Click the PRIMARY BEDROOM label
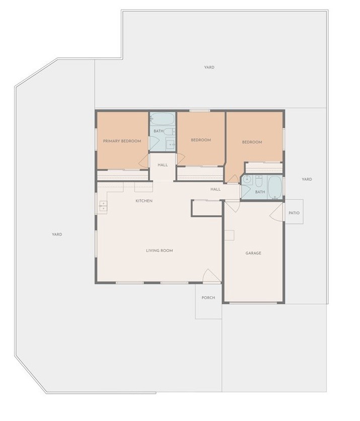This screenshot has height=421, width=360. point(122,141)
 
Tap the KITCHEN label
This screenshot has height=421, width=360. point(144,201)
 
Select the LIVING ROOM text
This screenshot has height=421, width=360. point(160,250)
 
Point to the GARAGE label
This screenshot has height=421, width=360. point(253,253)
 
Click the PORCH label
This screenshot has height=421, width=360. point(208,298)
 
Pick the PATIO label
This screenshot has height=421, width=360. point(294,213)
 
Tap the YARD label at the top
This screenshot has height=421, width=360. point(209,67)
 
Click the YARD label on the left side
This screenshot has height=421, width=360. point(57,234)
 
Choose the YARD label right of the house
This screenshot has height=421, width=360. point(307,179)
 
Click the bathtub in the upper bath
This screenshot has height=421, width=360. point(162,119)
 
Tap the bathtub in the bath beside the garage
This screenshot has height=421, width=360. point(275,187)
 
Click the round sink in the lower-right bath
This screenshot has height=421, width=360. point(247,180)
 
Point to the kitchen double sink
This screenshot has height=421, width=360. point(103,205)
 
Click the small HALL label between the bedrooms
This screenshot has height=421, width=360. point(162,165)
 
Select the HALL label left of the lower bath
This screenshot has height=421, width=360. point(215,189)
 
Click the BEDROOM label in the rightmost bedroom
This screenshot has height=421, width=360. point(252,142)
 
